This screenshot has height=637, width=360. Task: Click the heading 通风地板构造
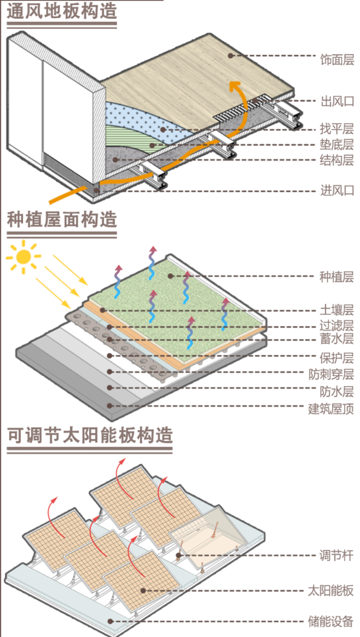[62, 11]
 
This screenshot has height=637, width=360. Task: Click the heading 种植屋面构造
[62, 220]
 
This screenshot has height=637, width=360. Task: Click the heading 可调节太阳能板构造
[90, 436]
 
